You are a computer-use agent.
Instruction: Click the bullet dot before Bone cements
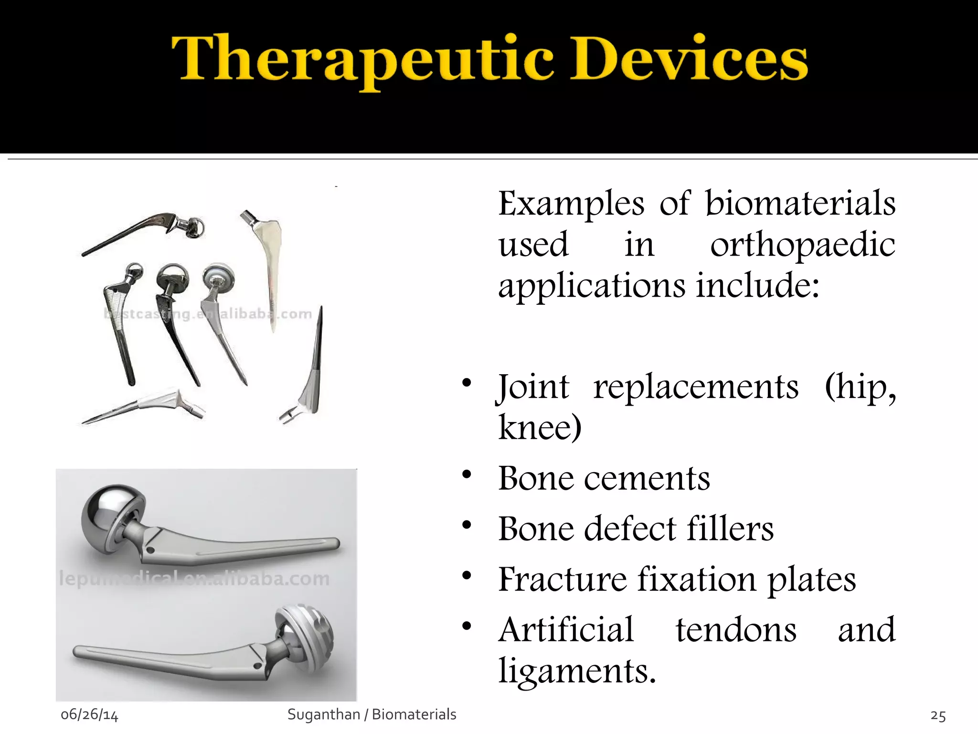tap(467, 475)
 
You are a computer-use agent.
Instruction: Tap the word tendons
tap(735, 630)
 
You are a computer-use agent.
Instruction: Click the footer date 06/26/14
tap(89, 715)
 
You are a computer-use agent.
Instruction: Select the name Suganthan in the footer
tap(323, 714)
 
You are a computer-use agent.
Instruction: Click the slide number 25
tap(938, 715)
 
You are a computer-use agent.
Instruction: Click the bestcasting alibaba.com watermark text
tap(208, 314)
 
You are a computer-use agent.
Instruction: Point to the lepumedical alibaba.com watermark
tap(193, 579)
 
